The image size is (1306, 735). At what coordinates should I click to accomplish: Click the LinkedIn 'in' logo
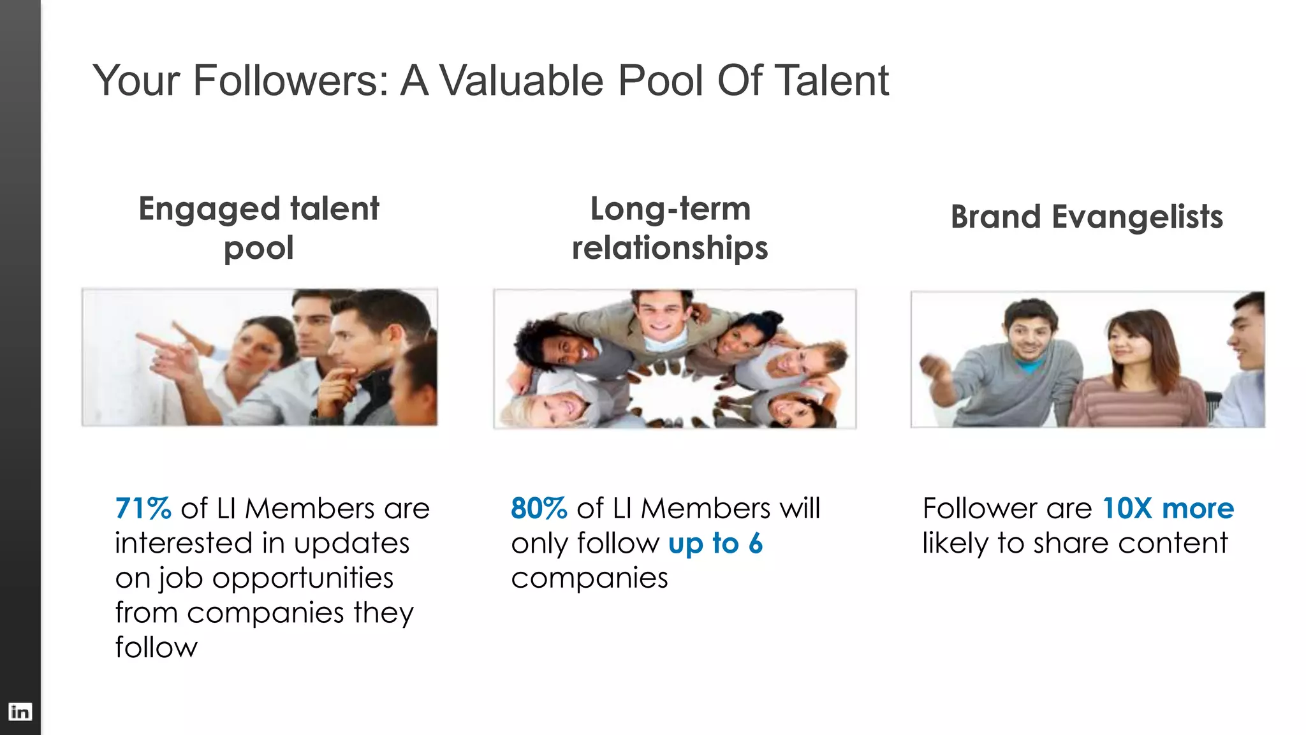coord(20,711)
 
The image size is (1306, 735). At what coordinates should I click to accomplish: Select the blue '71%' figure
coord(143,509)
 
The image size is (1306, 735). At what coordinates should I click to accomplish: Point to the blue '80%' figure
coord(539,509)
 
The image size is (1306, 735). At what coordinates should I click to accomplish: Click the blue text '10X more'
coord(1168,509)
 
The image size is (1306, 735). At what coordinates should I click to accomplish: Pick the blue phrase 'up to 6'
coord(715,544)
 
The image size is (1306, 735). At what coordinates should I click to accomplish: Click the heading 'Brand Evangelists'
coord(1087,217)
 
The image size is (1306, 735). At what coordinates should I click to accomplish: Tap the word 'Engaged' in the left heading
coord(209,210)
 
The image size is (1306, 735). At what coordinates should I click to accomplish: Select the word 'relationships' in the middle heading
coord(670,247)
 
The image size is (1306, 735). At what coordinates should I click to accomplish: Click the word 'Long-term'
coord(670,208)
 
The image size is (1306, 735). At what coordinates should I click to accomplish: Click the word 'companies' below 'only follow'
coord(589,578)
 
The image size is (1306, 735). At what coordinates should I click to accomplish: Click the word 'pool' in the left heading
coord(258,248)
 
